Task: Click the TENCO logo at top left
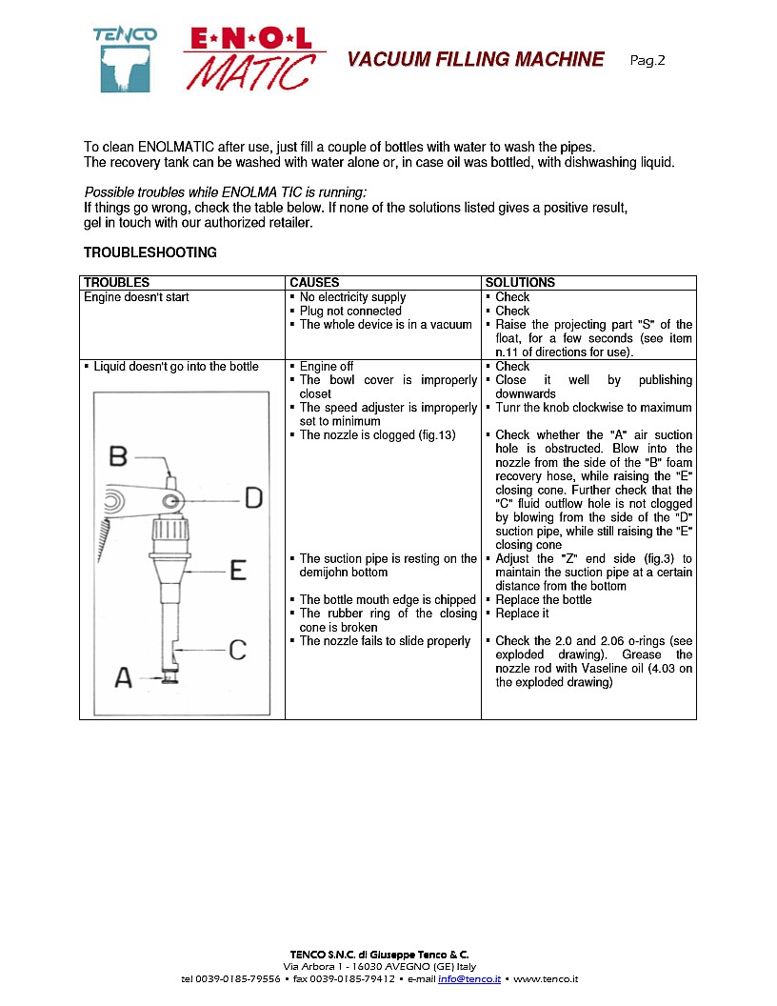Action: coord(125,59)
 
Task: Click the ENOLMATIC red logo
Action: coord(252,57)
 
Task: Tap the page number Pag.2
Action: coord(647,60)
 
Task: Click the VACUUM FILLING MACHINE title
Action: coord(475,60)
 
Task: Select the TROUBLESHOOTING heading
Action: coord(149,252)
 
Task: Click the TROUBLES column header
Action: coord(116,283)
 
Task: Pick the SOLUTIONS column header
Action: coord(520,283)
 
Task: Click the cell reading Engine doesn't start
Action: coord(136,297)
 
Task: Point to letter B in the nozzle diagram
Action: coord(118,456)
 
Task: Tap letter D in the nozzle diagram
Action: coord(252,497)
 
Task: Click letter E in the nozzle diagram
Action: coord(238,570)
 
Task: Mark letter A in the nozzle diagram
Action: coord(124,677)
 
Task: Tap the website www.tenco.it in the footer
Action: coord(546,979)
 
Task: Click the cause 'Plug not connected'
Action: coord(350,311)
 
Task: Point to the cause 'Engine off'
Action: coord(327,366)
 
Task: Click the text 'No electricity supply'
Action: coord(352,297)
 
